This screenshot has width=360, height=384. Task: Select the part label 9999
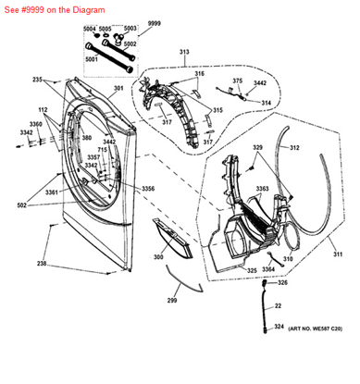(154, 21)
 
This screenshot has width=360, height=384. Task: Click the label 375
(238, 81)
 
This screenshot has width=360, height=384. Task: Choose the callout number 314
(266, 102)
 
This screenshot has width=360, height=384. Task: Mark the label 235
(64, 81)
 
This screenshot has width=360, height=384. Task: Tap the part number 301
(118, 89)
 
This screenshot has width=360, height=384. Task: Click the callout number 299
(172, 301)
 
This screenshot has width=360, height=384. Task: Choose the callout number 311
(338, 254)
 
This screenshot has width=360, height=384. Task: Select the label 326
(283, 282)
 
